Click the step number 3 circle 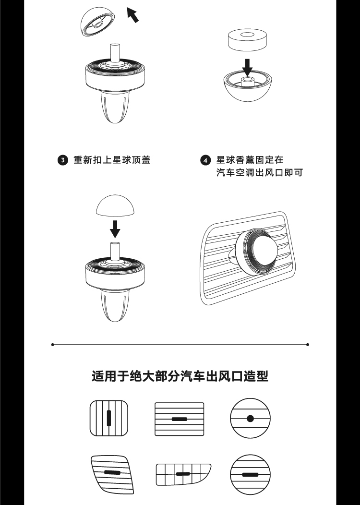pyautogui.click(x=63, y=160)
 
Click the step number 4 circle pyautogui.click(x=205, y=160)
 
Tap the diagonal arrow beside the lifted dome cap pyautogui.click(x=132, y=15)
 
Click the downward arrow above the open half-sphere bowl pyautogui.click(x=247, y=67)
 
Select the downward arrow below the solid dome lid pyautogui.click(x=115, y=229)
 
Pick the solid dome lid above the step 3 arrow pyautogui.click(x=115, y=205)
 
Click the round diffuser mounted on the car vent pyautogui.click(x=256, y=252)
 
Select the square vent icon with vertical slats pyautogui.click(x=109, y=418)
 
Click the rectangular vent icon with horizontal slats pyautogui.click(x=180, y=419)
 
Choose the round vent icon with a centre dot pyautogui.click(x=250, y=419)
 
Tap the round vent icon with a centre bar pyautogui.click(x=250, y=475)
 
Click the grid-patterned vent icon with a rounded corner pyautogui.click(x=183, y=474)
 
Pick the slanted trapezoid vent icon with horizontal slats pyautogui.click(x=112, y=474)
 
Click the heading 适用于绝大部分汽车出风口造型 pyautogui.click(x=180, y=376)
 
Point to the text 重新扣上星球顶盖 pyautogui.click(x=112, y=160)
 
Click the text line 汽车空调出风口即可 pyautogui.click(x=260, y=173)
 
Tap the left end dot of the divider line pyautogui.click(x=53, y=345)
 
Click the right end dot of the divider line pyautogui.click(x=308, y=345)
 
